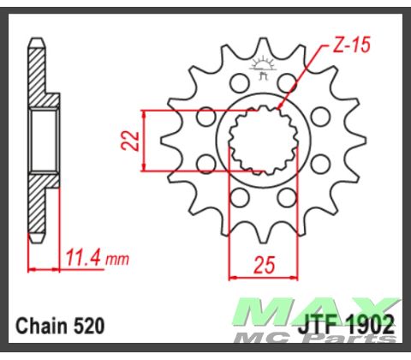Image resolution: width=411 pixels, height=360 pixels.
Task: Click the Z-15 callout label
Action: [x=346, y=46]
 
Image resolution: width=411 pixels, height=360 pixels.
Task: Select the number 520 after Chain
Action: [x=90, y=326]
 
